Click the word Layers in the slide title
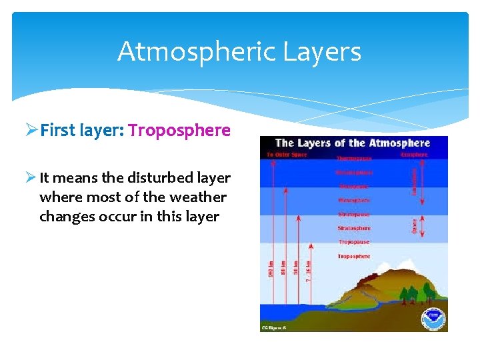click(x=328, y=51)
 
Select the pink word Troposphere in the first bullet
click(x=179, y=130)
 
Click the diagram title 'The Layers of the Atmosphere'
click(x=353, y=143)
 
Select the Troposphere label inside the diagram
click(x=353, y=257)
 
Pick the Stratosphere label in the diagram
click(x=353, y=229)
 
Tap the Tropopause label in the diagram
click(x=353, y=242)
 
